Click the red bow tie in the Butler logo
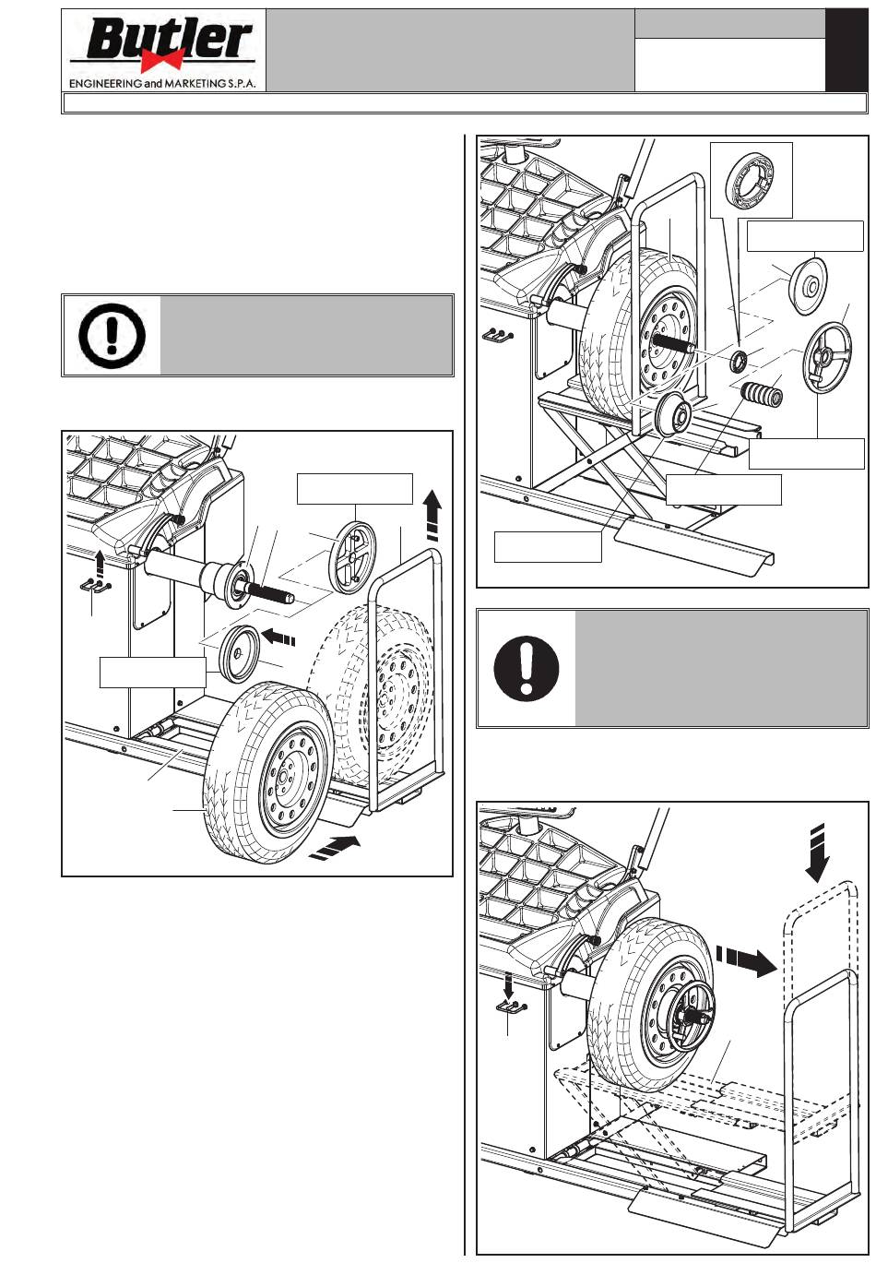pos(162,60)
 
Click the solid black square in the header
pos(846,50)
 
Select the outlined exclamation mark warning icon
pos(112,336)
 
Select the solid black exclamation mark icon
pos(527,669)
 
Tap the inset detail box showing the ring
pos(752,180)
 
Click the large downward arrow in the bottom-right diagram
pos(817,852)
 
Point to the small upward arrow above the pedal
pos(100,562)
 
